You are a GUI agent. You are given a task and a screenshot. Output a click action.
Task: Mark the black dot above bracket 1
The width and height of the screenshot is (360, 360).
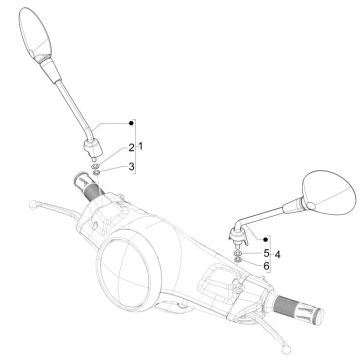point(130,123)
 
